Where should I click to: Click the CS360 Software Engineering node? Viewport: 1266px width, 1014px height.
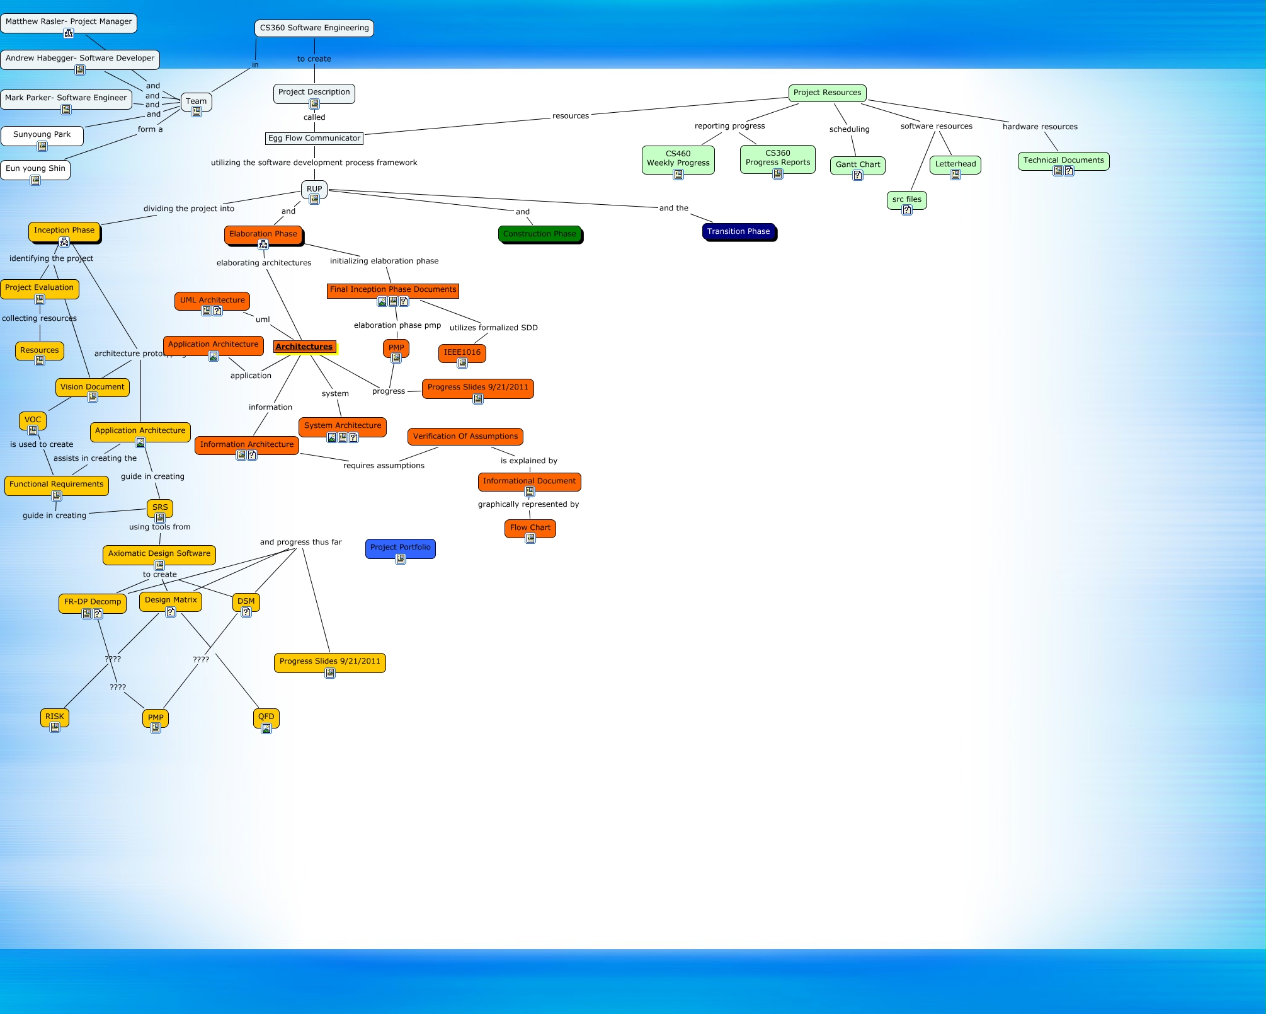[314, 28]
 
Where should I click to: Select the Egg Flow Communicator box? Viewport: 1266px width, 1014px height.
[314, 139]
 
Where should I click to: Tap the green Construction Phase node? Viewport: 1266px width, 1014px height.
[540, 234]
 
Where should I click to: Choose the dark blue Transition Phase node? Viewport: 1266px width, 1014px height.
[738, 232]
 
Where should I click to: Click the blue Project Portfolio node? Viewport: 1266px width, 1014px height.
[400, 548]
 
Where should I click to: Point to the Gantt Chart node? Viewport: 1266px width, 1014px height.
[857, 165]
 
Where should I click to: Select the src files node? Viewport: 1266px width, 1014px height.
[906, 200]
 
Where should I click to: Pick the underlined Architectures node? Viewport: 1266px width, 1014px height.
[304, 347]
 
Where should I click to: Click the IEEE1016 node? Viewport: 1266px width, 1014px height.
[462, 353]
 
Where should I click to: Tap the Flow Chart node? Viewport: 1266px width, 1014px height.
[530, 528]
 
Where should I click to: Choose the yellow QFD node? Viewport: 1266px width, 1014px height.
[266, 717]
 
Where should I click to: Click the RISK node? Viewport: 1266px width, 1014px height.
[55, 717]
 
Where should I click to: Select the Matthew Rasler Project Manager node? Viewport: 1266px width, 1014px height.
[69, 22]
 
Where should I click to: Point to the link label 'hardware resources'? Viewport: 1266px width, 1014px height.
[1040, 127]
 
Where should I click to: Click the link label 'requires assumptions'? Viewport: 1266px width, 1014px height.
[384, 466]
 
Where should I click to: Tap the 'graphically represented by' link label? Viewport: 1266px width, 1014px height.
[528, 505]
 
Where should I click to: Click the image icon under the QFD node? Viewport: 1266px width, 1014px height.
[266, 729]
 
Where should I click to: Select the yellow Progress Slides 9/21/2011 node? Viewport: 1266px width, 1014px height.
[329, 662]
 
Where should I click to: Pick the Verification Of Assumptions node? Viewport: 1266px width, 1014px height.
[465, 437]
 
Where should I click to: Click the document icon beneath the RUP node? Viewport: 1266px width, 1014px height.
[314, 200]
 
